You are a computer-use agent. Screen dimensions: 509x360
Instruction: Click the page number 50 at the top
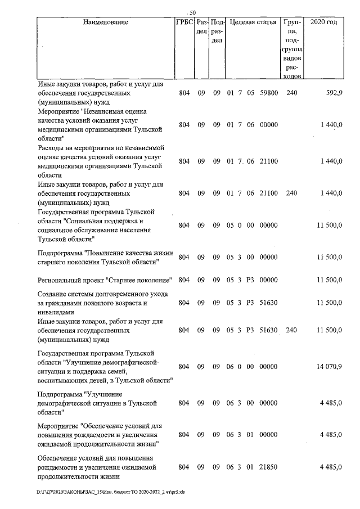[192, 12]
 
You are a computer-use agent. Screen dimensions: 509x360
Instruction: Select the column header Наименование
[105, 23]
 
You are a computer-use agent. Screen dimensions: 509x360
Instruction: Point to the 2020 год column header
[323, 23]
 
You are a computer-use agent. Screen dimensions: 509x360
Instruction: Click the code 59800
[269, 93]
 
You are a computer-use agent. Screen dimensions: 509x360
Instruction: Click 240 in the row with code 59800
[291, 93]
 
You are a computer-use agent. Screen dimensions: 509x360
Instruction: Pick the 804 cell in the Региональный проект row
[184, 280]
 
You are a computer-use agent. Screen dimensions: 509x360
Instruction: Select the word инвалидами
[56, 312]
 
